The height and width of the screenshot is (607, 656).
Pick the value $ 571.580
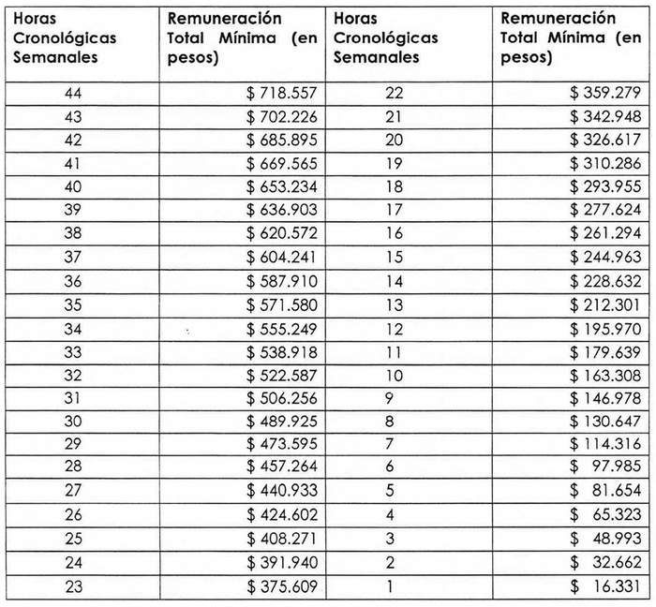[283, 305]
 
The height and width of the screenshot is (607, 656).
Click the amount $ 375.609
[283, 587]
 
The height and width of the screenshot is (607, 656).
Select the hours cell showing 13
[395, 305]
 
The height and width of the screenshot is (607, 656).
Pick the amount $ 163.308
[605, 376]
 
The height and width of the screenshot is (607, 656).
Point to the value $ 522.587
[283, 376]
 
